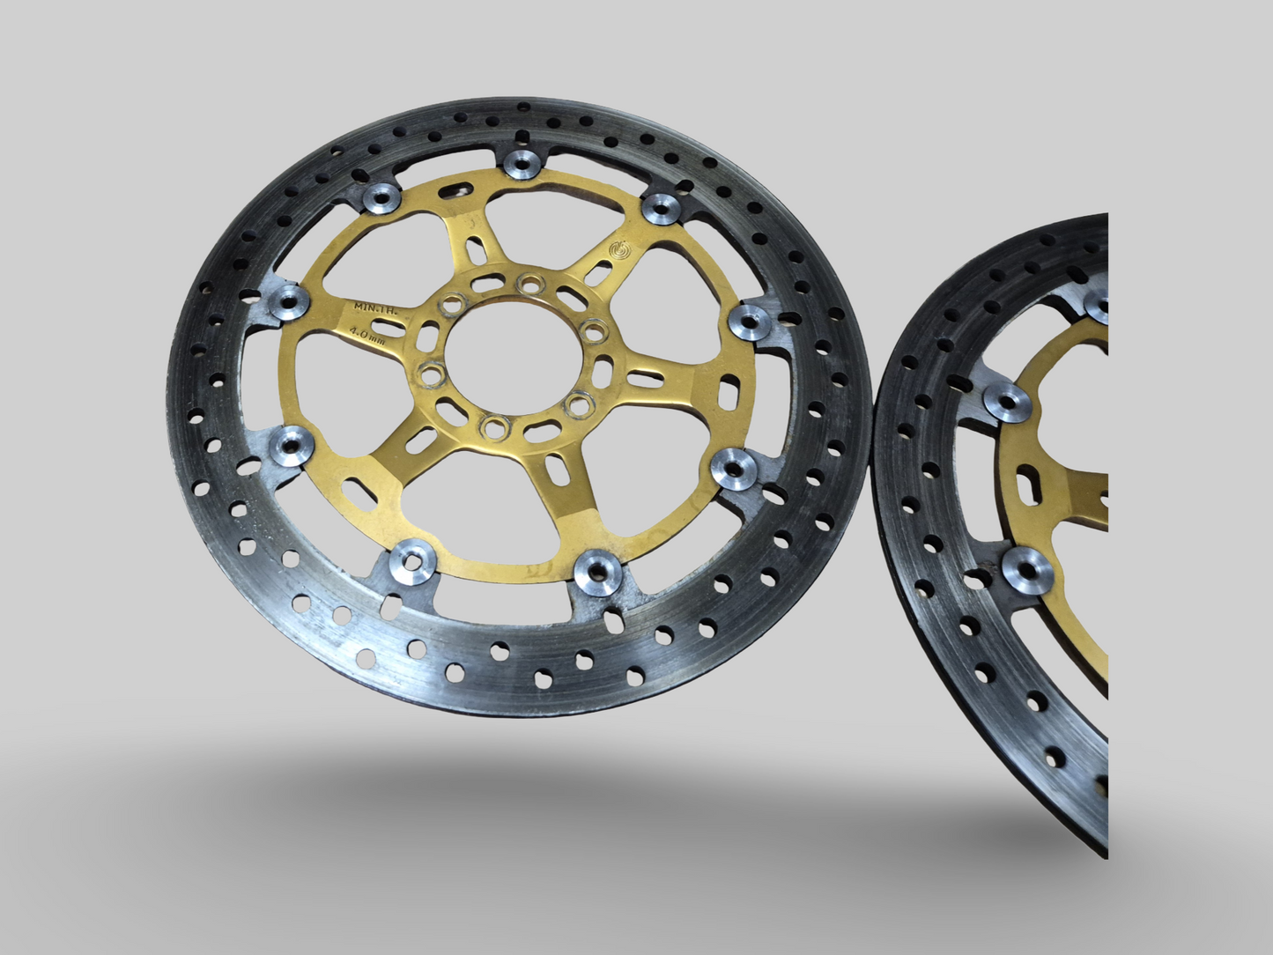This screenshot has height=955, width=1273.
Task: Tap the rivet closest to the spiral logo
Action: [658, 209]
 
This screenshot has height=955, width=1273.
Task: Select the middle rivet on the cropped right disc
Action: [1003, 398]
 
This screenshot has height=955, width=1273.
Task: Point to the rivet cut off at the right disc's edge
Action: [1098, 307]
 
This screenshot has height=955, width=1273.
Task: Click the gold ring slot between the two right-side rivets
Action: [730, 390]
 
